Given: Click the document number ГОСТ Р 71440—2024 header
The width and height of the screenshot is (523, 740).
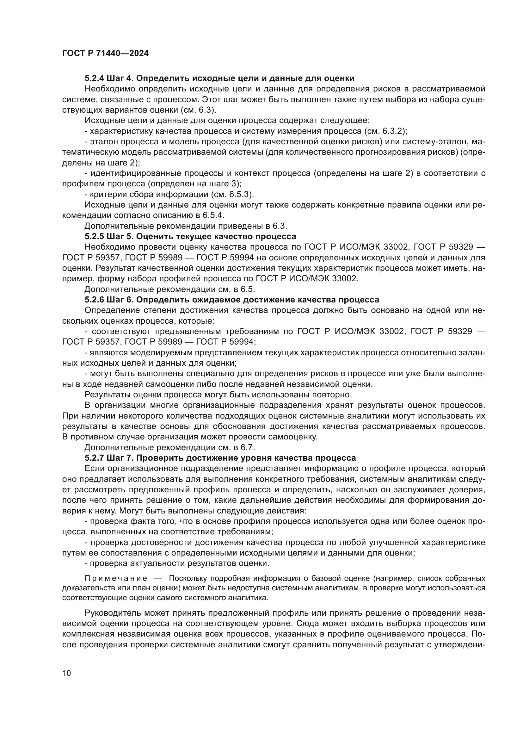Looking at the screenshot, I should coord(105,53).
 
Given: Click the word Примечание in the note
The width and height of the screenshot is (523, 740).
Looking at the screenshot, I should coord(116,579).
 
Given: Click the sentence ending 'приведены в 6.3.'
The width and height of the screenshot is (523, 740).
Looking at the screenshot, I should coord(186,226).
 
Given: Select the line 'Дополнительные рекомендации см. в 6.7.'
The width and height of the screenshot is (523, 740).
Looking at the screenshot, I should coord(169,447).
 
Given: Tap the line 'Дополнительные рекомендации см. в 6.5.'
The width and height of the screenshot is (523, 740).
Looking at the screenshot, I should coord(169,289).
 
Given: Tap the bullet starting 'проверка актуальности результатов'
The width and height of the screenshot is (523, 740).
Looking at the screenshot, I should coord(176,563).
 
